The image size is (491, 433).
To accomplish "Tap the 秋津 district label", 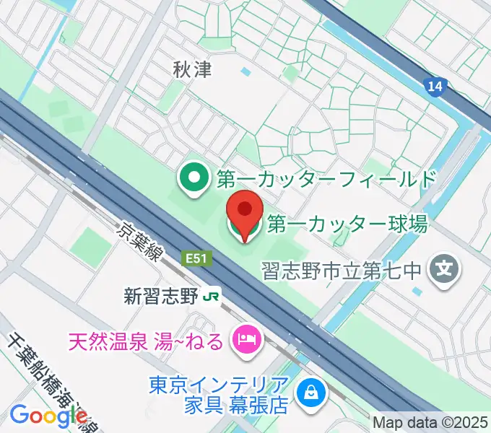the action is click(191, 69).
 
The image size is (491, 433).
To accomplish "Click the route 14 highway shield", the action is click(434, 87).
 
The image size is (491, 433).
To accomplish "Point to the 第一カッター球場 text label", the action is click(347, 224).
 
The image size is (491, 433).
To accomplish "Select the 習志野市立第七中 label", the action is click(342, 271).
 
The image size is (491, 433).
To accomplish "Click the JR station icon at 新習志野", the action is click(211, 296).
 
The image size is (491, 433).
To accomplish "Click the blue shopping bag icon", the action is click(313, 393).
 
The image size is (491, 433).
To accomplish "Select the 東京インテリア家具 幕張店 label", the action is click(218, 394).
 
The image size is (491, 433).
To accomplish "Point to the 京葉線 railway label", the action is click(142, 243).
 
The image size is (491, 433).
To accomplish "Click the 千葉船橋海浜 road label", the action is click(43, 375).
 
